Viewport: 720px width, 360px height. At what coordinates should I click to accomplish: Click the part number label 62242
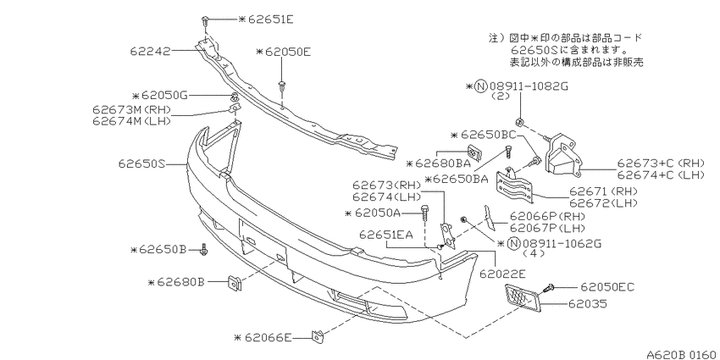(x=150, y=51)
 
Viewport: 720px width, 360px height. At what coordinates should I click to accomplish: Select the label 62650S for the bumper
(x=141, y=163)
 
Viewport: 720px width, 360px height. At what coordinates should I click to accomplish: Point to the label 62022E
(x=503, y=274)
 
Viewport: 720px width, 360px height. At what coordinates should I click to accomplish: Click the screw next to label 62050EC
(x=549, y=288)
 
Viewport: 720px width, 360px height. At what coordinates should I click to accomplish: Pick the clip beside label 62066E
(x=318, y=336)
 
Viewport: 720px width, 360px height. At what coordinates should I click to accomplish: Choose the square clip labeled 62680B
(x=235, y=283)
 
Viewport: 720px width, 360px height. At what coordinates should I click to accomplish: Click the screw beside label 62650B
(x=204, y=250)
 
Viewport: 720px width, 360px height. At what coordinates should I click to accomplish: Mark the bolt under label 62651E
(x=205, y=21)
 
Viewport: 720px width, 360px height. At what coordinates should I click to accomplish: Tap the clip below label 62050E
(x=281, y=86)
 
